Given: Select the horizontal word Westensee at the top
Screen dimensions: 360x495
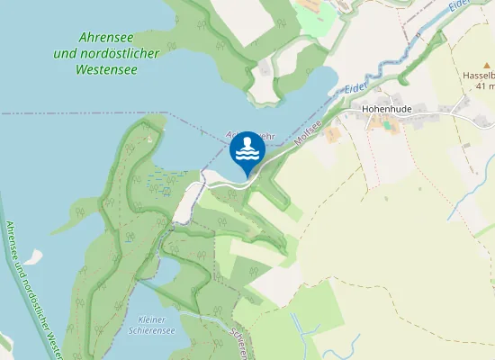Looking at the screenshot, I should tap(107, 67).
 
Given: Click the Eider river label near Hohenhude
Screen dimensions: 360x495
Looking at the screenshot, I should tap(355, 88).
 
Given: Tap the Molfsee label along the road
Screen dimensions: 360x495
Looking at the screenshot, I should tap(308, 135).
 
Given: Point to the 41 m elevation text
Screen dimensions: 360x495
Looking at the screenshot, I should tap(484, 88).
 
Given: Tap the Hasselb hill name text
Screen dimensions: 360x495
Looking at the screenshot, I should tap(480, 77).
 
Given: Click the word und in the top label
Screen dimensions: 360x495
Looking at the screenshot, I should tap(65, 53).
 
